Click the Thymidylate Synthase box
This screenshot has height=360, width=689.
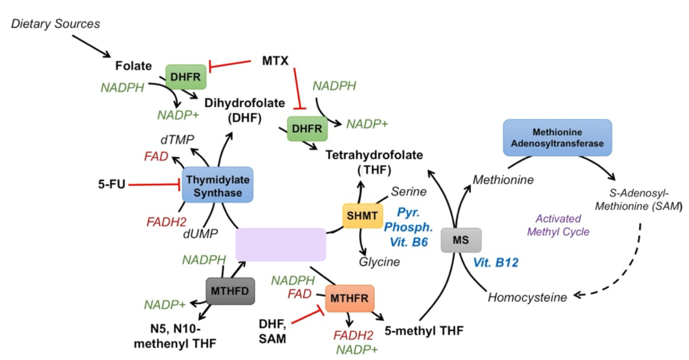(217, 185)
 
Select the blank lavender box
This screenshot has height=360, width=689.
(281, 244)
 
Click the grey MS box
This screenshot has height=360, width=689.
(461, 240)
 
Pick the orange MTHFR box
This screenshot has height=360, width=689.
(349, 298)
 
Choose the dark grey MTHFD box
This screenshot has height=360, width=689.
(230, 291)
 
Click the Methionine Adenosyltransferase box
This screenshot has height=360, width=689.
(557, 137)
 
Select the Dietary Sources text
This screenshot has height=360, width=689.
(55, 23)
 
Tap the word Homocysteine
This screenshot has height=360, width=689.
(527, 297)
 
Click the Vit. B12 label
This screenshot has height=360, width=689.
(495, 263)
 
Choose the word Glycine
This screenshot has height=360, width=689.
(379, 262)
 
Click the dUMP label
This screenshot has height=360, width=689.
(200, 233)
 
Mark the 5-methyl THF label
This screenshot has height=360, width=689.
(424, 330)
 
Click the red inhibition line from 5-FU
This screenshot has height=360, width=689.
(153, 185)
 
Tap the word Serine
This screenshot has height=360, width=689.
(409, 191)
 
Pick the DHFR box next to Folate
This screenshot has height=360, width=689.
(185, 77)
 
